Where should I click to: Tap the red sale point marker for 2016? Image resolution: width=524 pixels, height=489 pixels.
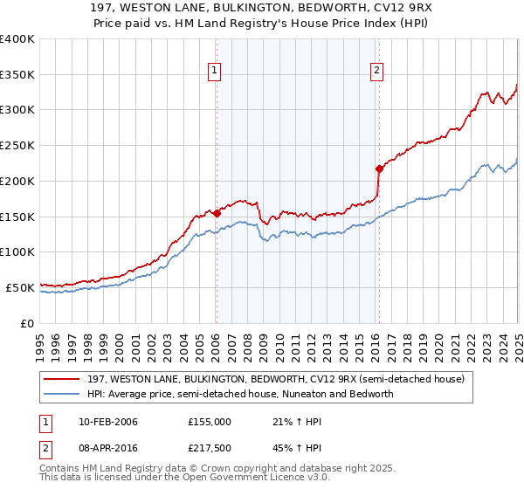[379, 168]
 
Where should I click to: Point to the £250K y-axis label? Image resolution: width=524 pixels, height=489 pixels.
[17, 145]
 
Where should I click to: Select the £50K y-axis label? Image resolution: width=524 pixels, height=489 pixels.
[20, 287]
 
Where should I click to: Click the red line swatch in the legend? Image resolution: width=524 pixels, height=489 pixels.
[63, 379]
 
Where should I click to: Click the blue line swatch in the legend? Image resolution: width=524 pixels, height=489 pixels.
[63, 394]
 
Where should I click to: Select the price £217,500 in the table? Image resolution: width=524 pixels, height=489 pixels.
[210, 448]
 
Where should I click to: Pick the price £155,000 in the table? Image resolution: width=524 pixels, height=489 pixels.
[210, 422]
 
